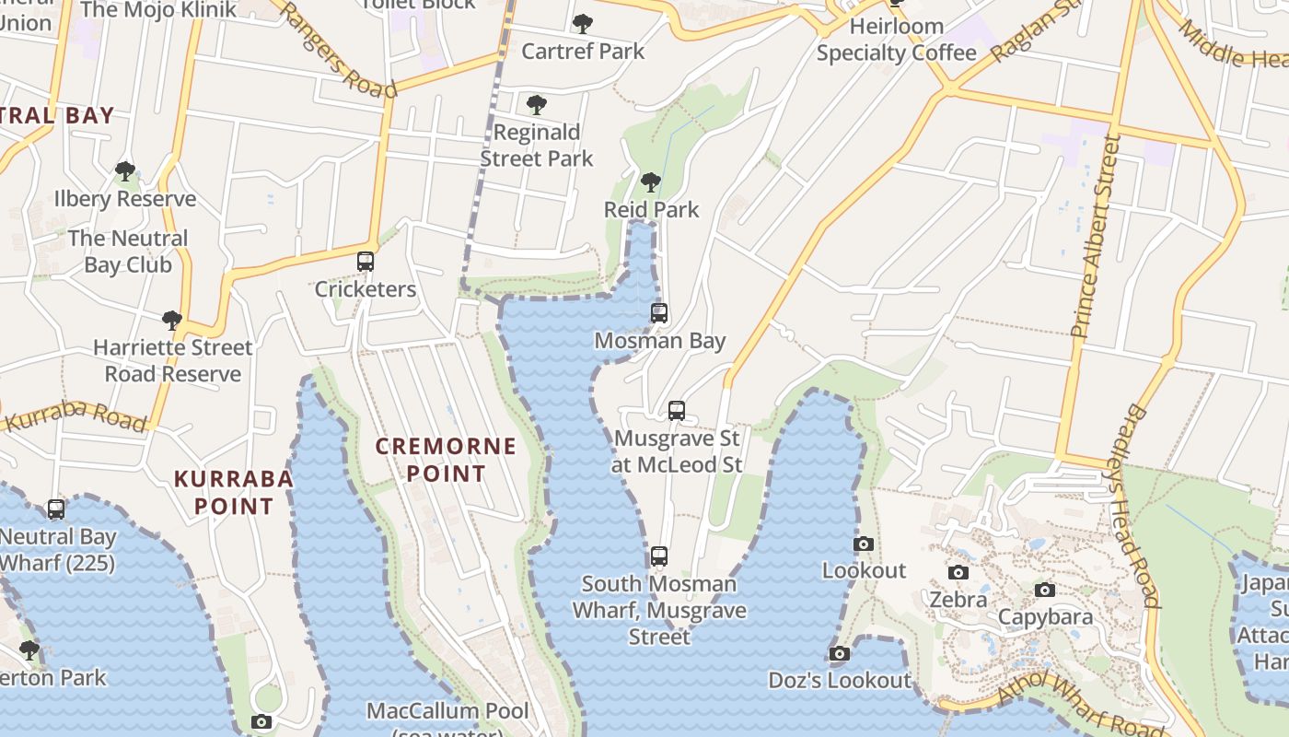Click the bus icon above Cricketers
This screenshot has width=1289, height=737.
coord(366,262)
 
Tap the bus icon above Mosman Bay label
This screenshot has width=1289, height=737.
coord(659,313)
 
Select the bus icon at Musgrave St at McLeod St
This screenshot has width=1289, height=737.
coord(677,411)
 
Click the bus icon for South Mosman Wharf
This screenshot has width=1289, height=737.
coord(659,556)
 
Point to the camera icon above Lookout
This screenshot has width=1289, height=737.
coord(863,544)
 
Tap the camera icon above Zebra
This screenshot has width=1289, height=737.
coord(958,573)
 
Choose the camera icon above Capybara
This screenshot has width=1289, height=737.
coord(1044,590)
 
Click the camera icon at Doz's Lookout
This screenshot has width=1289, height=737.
coord(839,654)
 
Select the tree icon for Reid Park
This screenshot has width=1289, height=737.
coord(651,182)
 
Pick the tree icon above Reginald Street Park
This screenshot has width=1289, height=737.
coord(537,105)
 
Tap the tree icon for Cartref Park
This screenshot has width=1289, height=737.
coord(583,24)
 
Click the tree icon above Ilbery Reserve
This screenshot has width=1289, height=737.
coord(125,171)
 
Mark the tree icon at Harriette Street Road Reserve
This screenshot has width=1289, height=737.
coord(171,321)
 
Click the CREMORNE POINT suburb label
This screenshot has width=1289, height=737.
coord(447,460)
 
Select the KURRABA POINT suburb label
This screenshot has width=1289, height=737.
coord(234,492)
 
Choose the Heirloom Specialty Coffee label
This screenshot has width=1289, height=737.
coord(896,40)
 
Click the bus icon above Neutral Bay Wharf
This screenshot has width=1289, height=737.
coord(56,509)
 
